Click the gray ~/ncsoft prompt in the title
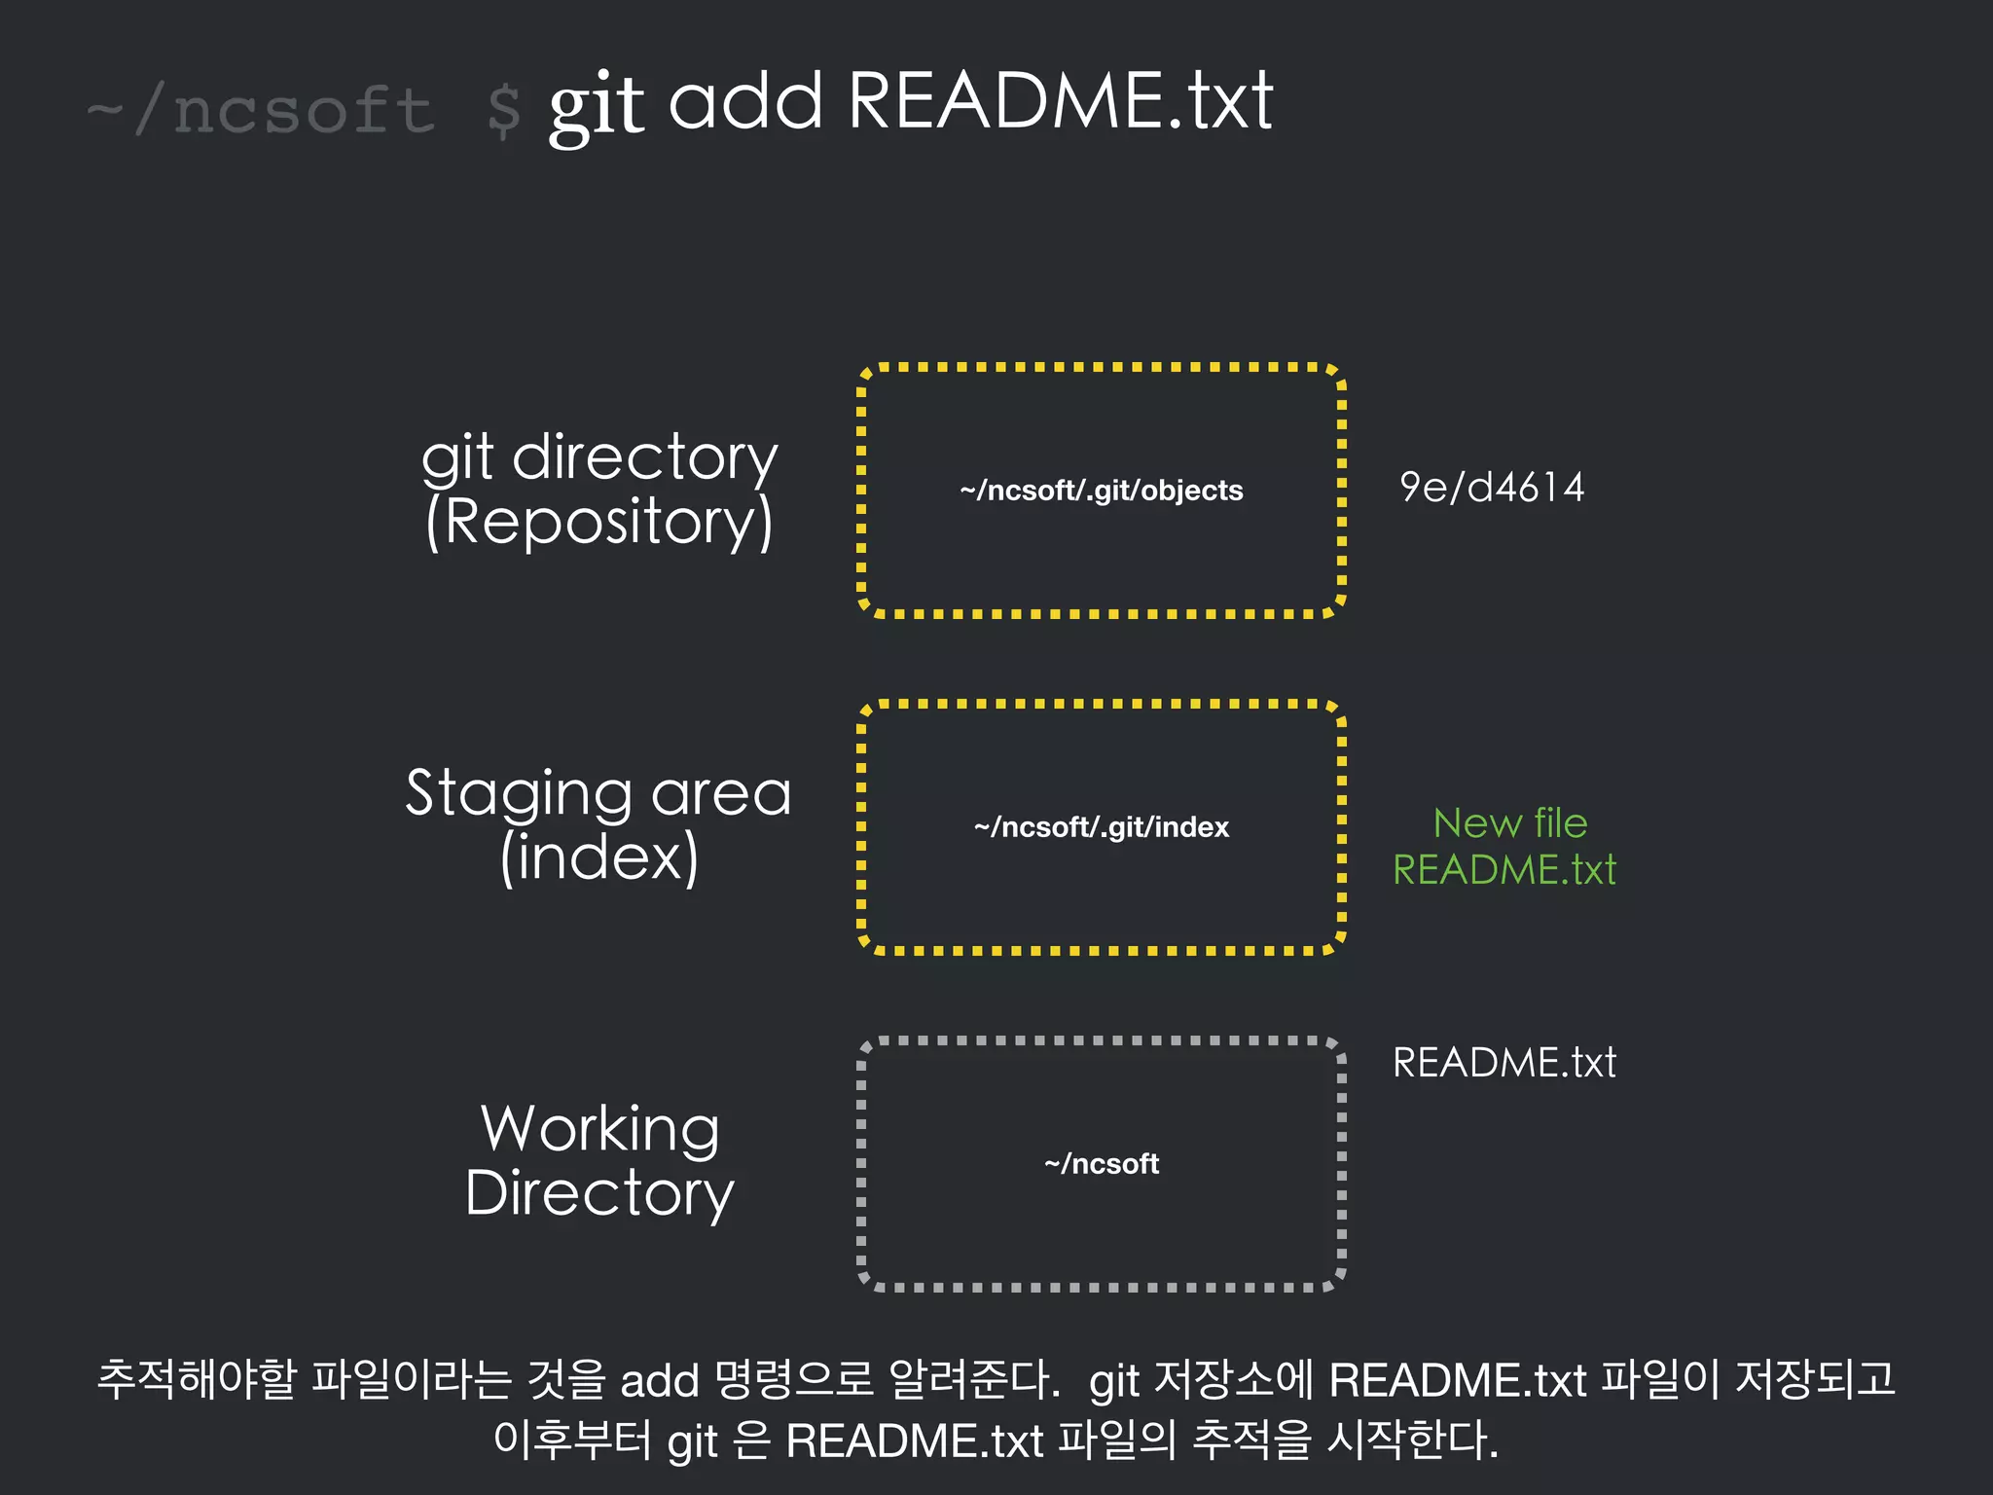(261, 110)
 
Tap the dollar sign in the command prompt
(504, 111)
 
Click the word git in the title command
(596, 105)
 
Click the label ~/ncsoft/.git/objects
(1101, 491)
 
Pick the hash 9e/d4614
(1491, 488)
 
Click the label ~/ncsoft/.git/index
(1101, 827)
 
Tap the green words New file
(1509, 823)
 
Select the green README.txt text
(1504, 870)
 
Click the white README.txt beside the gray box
(1504, 1062)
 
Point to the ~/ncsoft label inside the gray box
(1101, 1164)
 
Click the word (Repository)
(599, 522)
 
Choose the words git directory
(599, 456)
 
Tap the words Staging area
(598, 792)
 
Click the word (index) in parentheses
(599, 857)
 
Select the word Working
(600, 1129)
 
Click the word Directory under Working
(599, 1193)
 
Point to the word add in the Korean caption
(660, 1381)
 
